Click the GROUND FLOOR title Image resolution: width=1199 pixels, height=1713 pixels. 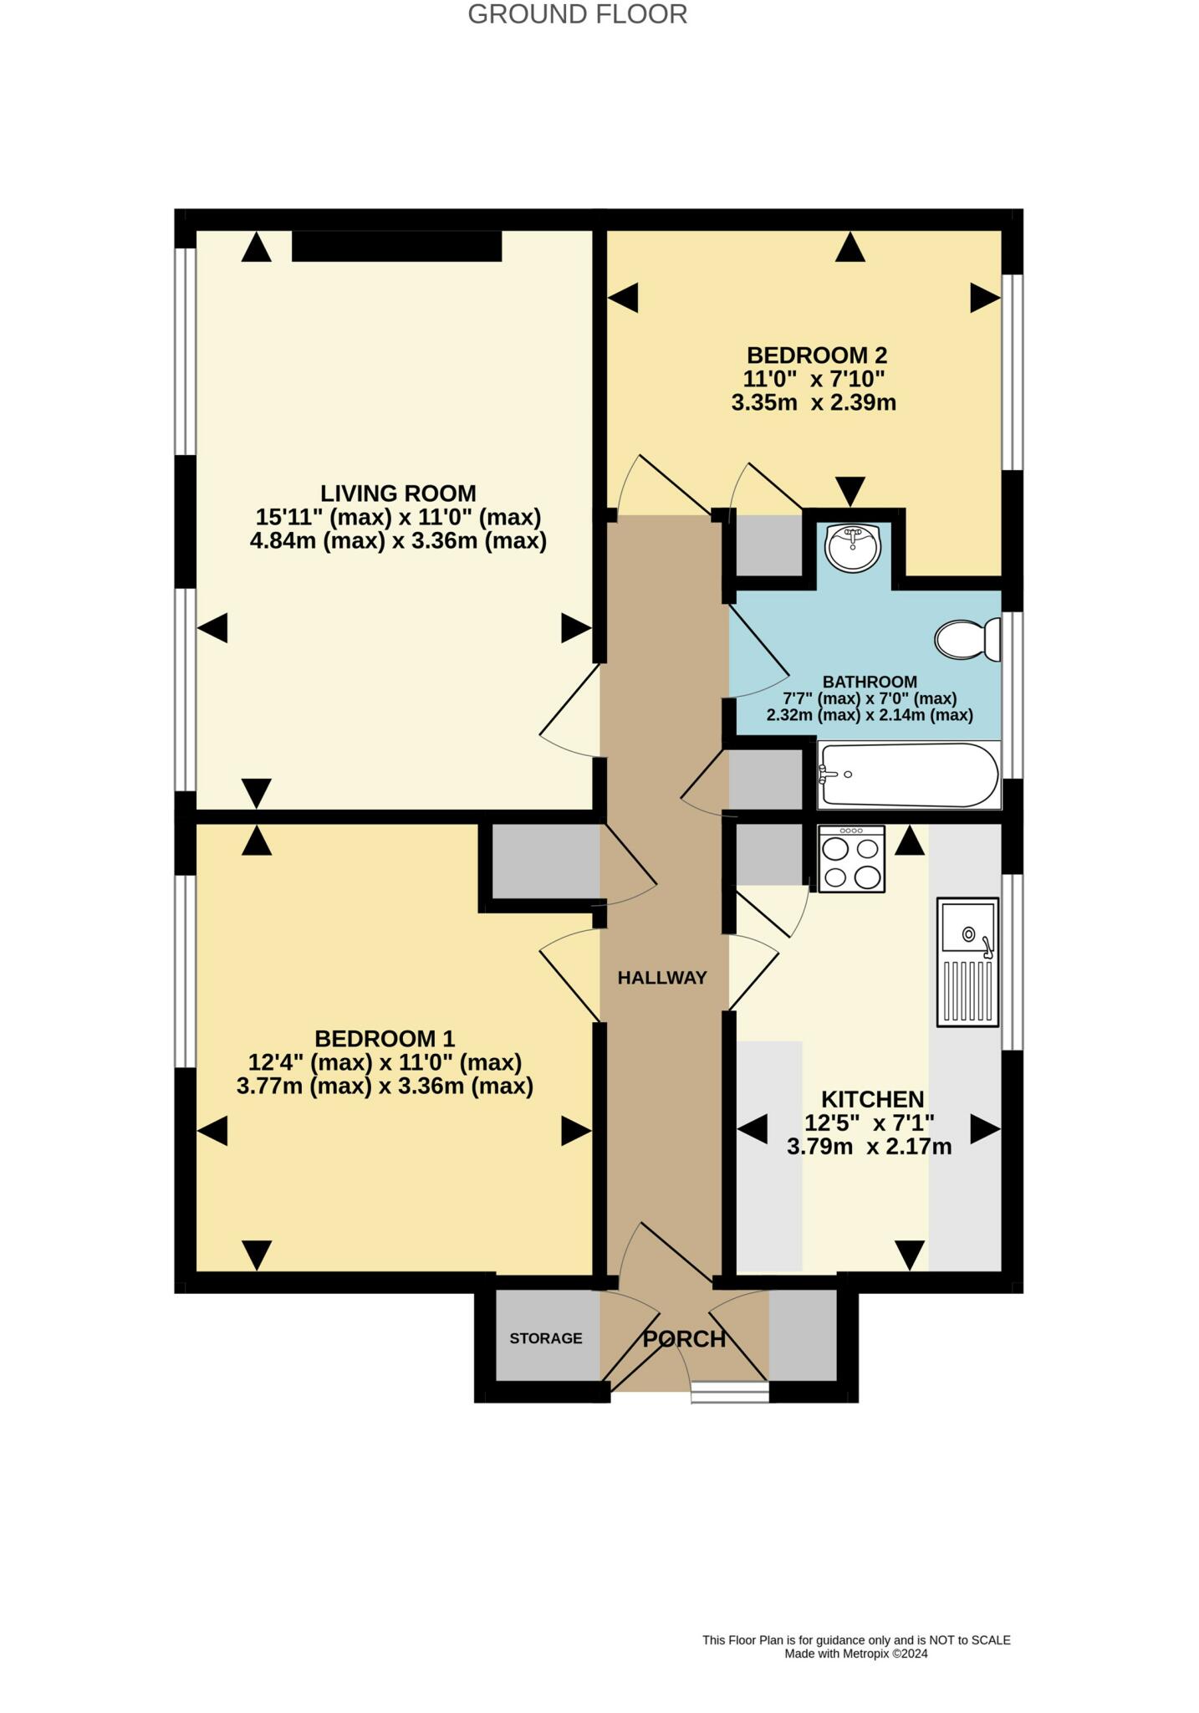(577, 14)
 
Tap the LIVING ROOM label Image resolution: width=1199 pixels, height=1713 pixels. (398, 493)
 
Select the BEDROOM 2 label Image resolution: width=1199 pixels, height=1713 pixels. (817, 355)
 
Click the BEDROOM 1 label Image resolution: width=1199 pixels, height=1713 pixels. (385, 1039)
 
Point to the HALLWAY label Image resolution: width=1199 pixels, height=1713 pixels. (662, 978)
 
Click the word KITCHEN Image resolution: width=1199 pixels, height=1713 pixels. (872, 1099)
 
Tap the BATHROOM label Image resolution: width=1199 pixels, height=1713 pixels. (870, 682)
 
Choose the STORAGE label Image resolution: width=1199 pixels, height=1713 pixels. (546, 1338)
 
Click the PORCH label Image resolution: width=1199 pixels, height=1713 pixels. (684, 1339)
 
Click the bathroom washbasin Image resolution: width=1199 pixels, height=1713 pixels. (852, 548)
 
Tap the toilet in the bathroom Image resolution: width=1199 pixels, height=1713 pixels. (967, 640)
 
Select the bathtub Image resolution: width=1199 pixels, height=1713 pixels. (909, 775)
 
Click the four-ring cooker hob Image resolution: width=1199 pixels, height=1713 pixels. (851, 859)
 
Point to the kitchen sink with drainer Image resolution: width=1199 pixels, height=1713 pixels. (968, 963)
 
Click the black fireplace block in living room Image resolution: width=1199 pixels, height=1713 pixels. (396, 247)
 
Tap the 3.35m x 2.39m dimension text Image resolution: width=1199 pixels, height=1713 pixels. (814, 403)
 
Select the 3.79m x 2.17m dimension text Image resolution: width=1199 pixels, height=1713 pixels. (869, 1147)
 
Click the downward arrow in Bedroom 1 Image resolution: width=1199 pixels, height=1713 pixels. (257, 1255)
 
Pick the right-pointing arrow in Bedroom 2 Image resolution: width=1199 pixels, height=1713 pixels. (985, 298)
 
